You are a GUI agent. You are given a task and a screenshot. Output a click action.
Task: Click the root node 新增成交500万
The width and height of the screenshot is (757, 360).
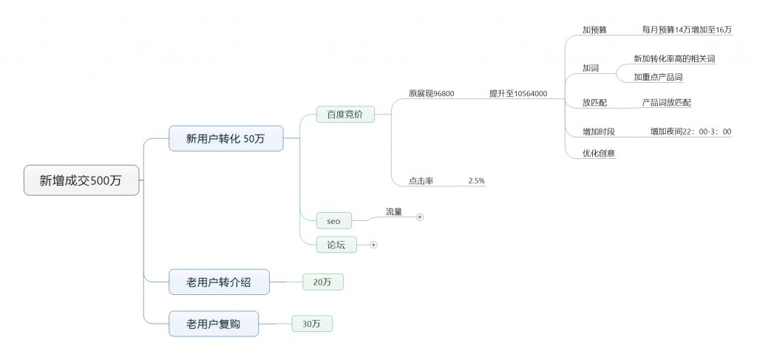click(x=81, y=180)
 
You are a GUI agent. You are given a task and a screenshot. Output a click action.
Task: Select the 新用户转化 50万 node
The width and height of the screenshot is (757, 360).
click(x=225, y=138)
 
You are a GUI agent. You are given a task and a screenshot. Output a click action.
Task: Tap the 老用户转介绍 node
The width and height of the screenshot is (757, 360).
click(x=218, y=281)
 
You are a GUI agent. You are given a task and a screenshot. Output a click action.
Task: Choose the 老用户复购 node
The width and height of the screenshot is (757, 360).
click(x=214, y=323)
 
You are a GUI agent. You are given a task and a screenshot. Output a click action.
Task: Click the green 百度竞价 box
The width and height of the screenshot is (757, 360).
click(x=345, y=114)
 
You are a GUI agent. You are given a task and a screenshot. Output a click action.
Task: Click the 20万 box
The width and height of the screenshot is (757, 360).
click(x=322, y=282)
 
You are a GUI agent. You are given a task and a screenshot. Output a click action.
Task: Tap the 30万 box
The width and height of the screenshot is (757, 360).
click(x=312, y=323)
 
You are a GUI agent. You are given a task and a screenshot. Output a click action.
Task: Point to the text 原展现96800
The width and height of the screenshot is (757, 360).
click(x=432, y=94)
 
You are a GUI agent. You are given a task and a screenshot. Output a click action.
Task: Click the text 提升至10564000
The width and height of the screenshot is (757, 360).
click(x=517, y=94)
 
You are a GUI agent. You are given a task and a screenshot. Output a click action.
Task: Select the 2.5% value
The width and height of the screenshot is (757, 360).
click(x=476, y=180)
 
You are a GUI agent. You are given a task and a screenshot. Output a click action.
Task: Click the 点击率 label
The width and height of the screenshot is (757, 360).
click(x=421, y=180)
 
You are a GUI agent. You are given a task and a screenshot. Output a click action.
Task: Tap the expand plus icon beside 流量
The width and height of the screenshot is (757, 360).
click(x=420, y=217)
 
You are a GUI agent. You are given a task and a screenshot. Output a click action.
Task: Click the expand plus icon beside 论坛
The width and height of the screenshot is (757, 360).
click(x=373, y=244)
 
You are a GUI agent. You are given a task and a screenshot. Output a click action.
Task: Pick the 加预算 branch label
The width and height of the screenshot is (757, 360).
click(x=594, y=30)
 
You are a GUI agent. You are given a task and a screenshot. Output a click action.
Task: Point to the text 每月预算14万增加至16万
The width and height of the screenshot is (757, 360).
click(x=687, y=30)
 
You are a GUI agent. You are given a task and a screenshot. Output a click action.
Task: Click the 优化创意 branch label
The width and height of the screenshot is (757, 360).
click(x=599, y=153)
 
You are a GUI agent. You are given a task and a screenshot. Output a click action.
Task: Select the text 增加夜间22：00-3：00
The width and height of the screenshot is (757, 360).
click(x=690, y=132)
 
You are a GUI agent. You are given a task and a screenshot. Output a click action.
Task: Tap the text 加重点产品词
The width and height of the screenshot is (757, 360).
click(x=658, y=77)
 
